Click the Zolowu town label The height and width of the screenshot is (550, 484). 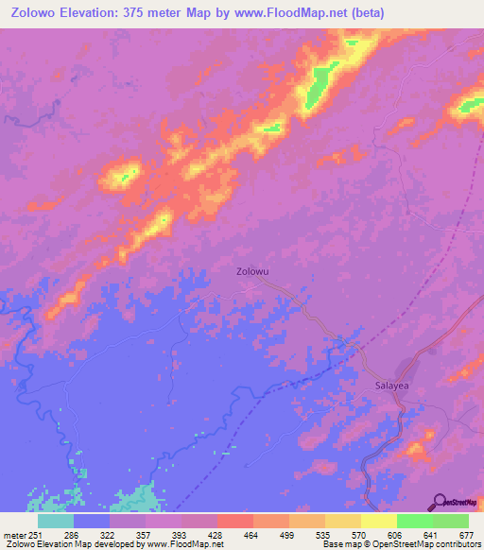[252, 272]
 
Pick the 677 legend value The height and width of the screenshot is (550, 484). [466, 536]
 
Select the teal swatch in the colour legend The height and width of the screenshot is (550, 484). [56, 521]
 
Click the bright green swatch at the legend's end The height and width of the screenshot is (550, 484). [451, 521]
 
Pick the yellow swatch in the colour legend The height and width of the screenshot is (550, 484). [378, 521]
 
